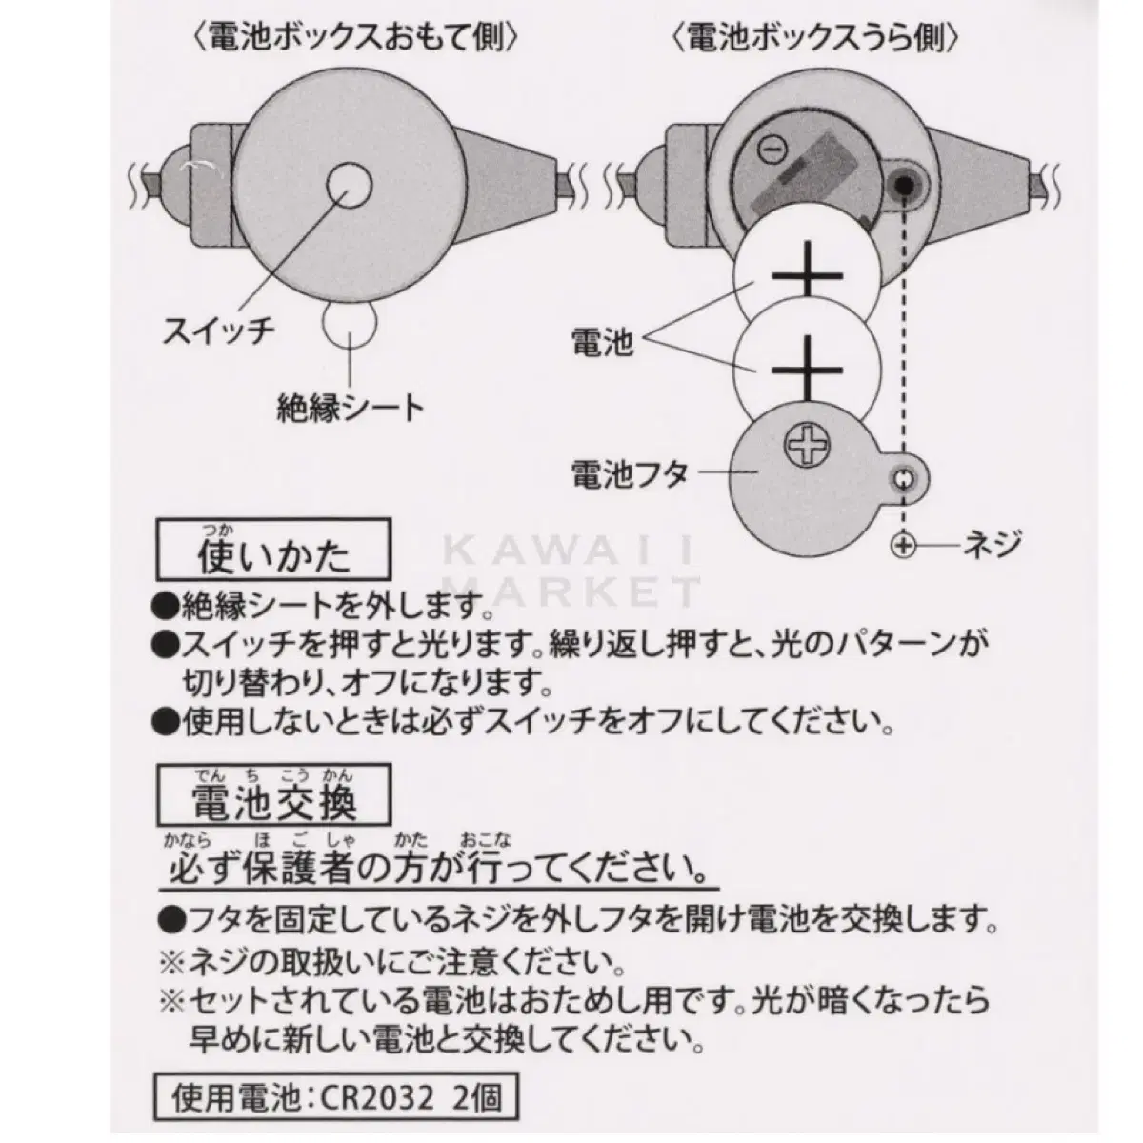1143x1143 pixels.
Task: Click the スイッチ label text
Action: point(219,331)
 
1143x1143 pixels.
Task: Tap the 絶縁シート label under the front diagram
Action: point(351,408)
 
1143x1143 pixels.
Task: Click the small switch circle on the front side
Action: point(350,186)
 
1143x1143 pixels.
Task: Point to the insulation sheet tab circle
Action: point(350,325)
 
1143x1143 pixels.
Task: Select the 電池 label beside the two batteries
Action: point(603,342)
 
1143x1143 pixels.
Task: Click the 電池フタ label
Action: point(630,474)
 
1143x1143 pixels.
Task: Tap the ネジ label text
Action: point(992,543)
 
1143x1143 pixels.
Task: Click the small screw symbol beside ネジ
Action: point(903,545)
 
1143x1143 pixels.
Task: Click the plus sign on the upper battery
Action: point(808,275)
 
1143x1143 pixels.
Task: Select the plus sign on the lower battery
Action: point(808,371)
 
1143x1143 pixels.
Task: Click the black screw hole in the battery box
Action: point(903,186)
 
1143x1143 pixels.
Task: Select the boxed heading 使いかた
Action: point(273,550)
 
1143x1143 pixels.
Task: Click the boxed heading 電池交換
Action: point(273,794)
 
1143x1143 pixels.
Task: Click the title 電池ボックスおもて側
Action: point(356,38)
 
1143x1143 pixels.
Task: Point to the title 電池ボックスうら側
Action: point(815,38)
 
